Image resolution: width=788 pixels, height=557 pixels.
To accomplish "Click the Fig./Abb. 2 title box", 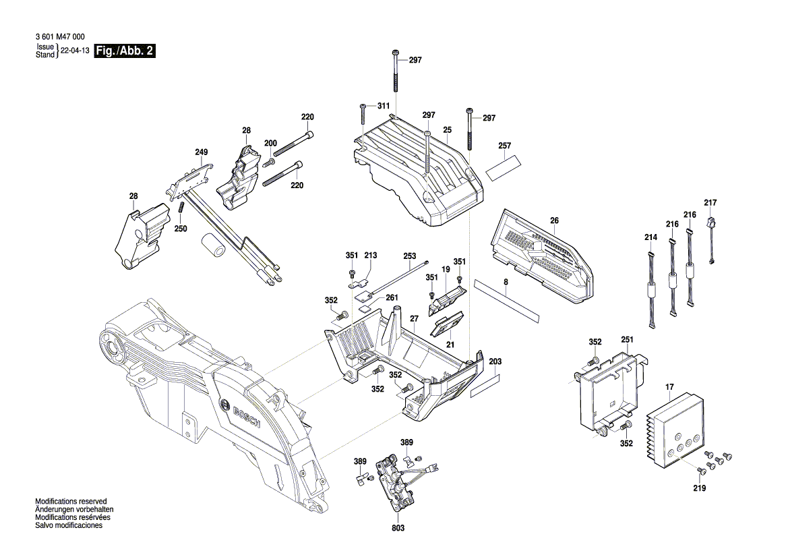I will point(126,51).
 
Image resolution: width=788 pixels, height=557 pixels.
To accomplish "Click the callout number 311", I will point(383,106).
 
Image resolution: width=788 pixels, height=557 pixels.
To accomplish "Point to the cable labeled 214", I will point(651,290).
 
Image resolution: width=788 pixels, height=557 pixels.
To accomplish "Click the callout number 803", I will point(398,528).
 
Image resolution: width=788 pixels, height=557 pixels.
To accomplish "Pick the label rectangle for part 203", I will point(486,386).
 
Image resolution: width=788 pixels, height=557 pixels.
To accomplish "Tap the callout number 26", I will point(554,221).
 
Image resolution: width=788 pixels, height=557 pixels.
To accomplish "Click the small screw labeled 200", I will point(268,163).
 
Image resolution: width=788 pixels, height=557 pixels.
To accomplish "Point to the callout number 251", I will point(627,340).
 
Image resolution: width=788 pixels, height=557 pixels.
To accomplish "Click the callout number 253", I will point(409,256).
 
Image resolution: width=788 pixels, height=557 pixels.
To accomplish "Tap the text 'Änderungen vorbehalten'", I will point(73,510).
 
